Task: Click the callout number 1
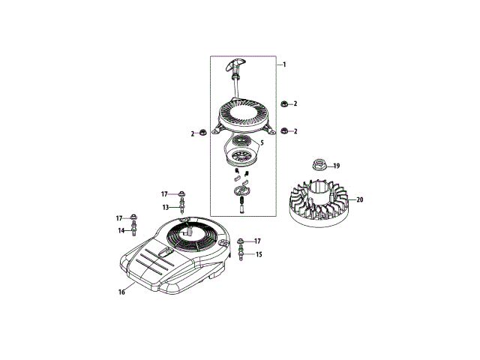pyautogui.click(x=284, y=64)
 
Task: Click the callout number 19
pyautogui.click(x=337, y=166)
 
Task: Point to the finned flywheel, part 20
pyautogui.click(x=318, y=203)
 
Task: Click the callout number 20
pyautogui.click(x=360, y=199)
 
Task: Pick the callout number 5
pyautogui.click(x=262, y=142)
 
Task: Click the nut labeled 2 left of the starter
pyautogui.click(x=202, y=133)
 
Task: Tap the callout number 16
pyautogui.click(x=121, y=292)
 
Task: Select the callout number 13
pyautogui.click(x=166, y=208)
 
